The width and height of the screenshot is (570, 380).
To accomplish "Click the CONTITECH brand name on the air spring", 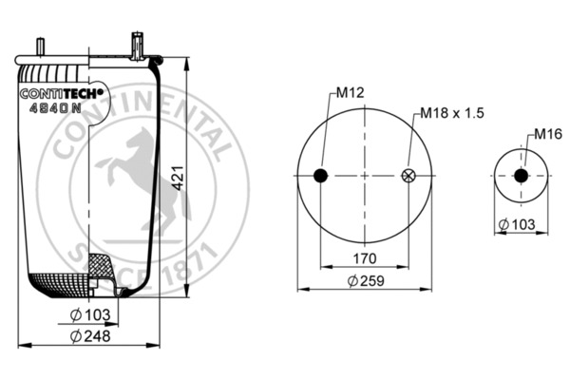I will click(x=62, y=93).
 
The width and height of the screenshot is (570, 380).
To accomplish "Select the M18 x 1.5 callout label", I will click(x=452, y=113).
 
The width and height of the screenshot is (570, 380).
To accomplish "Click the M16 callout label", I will click(x=545, y=133).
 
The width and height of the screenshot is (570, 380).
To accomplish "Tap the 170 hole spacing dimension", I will click(x=365, y=258).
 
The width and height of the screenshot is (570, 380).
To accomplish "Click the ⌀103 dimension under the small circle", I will click(x=519, y=224).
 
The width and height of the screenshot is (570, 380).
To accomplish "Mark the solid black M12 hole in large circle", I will click(x=321, y=175).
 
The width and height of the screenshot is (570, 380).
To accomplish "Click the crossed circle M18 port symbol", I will click(x=409, y=175).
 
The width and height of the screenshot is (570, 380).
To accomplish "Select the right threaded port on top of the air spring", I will click(x=138, y=44).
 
